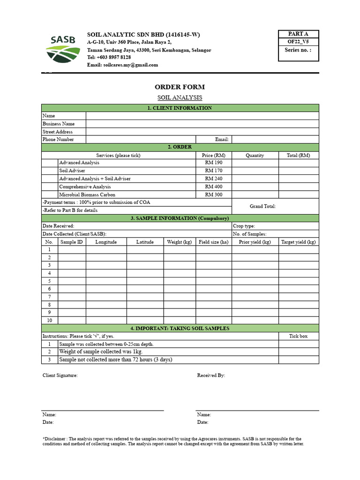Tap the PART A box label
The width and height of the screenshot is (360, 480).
pos(299,34)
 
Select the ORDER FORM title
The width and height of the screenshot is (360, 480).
pos(180,87)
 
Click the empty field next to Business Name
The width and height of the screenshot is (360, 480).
pos(202,124)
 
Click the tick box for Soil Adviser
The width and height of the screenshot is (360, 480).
pos(50,171)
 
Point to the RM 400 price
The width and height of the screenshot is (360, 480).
pos(214,187)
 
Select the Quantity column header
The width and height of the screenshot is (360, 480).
pos(255,155)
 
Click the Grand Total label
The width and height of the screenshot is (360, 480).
pos(262,206)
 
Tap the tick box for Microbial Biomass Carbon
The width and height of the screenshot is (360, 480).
pos(50,195)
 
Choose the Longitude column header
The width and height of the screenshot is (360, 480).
pos(106,242)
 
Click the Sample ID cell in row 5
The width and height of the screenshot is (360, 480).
pos(72,281)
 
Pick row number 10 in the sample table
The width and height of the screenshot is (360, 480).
pos(49,321)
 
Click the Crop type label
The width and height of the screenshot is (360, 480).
pos(244,226)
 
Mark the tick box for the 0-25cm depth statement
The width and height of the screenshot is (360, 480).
pos(299,344)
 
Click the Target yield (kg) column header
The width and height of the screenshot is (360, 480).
pos(299,242)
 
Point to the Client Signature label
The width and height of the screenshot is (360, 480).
pos(60,375)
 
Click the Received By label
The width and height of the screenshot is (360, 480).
pos(211,375)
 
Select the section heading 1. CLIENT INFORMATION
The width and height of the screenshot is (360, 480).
pos(180,108)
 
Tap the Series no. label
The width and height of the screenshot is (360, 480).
pos(297,50)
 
